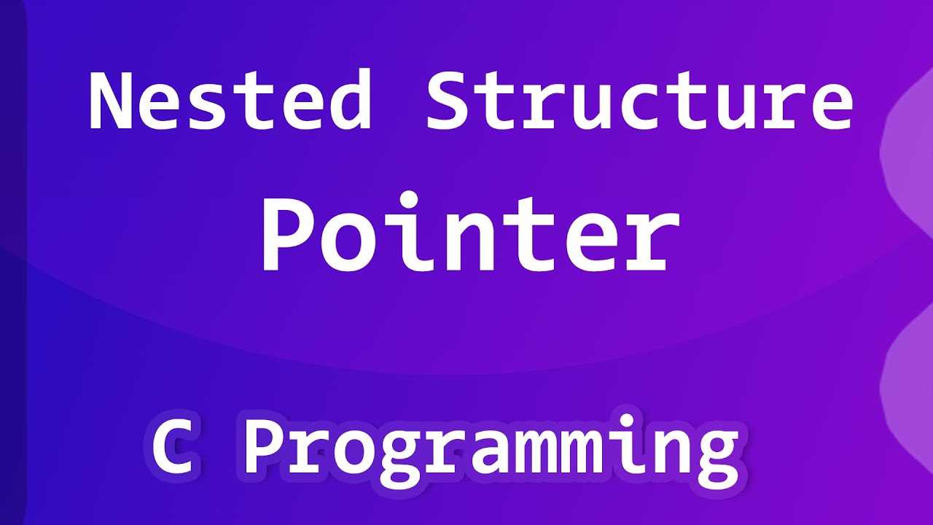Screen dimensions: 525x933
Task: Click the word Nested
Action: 230,100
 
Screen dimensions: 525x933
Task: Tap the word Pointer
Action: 470,232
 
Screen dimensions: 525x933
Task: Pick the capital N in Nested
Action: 111,100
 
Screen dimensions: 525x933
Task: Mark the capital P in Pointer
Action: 286,232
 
